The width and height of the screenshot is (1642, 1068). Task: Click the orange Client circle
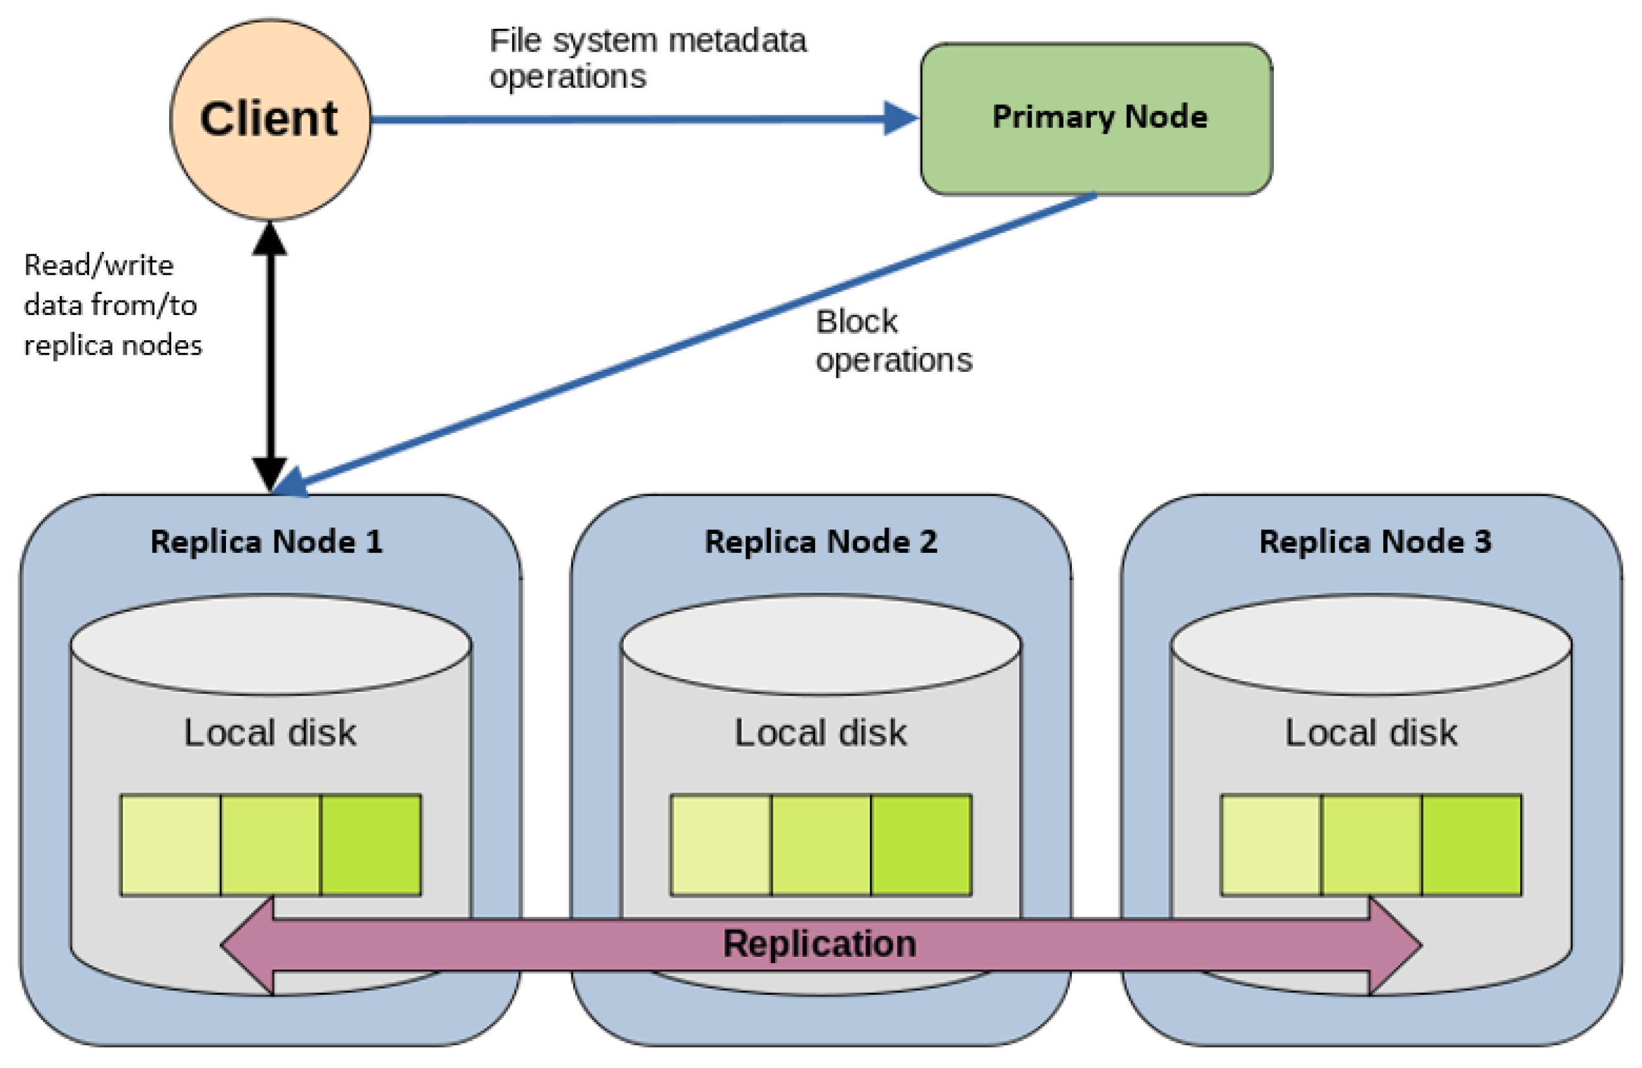270,119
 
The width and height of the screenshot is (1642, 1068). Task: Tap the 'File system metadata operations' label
646,58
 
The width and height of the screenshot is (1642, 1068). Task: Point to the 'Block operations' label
893,341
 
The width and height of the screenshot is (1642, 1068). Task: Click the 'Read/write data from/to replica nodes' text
112,305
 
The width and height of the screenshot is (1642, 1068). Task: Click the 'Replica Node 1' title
266,542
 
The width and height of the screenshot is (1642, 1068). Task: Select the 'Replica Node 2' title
820,542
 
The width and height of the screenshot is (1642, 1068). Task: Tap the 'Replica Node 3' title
1374,542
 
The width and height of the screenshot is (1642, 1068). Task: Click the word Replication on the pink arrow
819,943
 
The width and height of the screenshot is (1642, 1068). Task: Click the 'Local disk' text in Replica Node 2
819,733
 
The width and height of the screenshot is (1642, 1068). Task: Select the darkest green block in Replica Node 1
371,845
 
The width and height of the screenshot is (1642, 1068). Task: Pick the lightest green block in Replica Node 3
1270,845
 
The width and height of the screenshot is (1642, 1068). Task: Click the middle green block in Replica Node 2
820,845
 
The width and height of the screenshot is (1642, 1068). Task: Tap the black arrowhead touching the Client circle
270,239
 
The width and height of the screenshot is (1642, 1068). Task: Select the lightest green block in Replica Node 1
170,845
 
